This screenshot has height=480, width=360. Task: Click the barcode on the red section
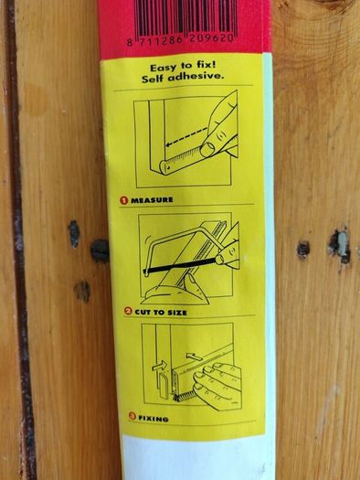pos(186,18)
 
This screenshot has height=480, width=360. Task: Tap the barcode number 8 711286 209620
pos(181,40)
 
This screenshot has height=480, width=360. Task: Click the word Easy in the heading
pos(163,67)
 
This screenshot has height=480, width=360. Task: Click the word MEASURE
pos(152,200)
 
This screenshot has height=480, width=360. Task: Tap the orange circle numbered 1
pos(124,200)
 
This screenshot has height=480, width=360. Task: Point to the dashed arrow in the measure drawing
pos(186,136)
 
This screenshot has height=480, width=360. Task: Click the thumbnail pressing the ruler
pos(208,149)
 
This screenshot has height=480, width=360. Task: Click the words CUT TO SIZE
pos(161,313)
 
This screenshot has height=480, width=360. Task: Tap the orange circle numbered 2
pos(128,312)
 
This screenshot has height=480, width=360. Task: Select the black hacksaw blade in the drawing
pos(181,265)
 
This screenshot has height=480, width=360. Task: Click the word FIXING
pos(154,418)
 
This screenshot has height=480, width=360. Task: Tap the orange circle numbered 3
pos(132,416)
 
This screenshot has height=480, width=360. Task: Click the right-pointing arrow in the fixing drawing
pos(159,366)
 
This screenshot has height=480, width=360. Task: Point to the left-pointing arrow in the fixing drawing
pos(195,357)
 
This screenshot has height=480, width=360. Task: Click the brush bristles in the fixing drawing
pos(184,397)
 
